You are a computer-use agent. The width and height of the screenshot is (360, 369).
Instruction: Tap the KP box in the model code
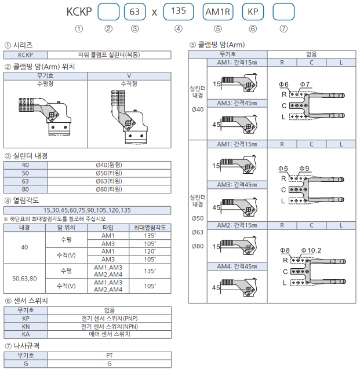tap(253, 11)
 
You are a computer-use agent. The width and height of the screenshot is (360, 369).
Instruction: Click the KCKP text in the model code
tap(79, 12)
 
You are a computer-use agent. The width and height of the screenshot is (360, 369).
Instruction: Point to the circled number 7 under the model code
tap(283, 28)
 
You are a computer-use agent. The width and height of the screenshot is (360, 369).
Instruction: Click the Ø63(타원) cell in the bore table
tap(109, 181)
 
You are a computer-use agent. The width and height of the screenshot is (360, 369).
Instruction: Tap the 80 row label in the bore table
tap(25, 189)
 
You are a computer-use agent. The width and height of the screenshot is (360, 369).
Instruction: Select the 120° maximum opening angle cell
tap(150, 251)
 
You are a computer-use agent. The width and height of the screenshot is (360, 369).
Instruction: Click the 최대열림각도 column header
tap(150, 228)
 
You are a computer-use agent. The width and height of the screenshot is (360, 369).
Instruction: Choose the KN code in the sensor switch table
tap(25, 327)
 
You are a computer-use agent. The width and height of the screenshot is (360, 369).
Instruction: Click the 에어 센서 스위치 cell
tap(109, 334)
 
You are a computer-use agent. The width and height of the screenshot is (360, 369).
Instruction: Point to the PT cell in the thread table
tap(109, 356)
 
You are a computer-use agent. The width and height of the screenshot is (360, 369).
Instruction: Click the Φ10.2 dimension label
tap(311, 250)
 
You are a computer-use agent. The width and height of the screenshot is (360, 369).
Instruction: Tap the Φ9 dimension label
tap(304, 169)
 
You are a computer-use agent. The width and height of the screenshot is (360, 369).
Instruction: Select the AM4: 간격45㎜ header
tap(237, 266)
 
